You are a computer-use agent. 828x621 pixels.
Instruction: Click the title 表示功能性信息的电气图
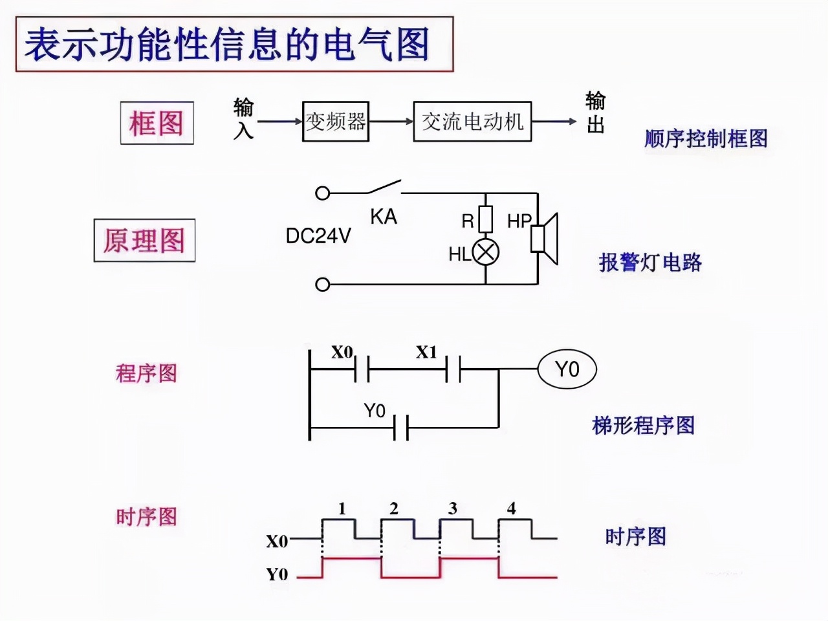228,45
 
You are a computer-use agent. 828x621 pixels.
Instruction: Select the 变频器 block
336,122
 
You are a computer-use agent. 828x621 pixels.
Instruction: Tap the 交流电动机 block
472,122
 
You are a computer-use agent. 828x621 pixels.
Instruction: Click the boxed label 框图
157,123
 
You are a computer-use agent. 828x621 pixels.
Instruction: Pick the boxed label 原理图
144,241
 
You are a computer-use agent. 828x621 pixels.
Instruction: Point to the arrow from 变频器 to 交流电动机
391,122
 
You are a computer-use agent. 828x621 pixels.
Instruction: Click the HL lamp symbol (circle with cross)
485,252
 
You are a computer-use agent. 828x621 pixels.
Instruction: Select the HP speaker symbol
545,238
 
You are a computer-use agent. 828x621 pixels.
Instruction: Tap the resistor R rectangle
485,219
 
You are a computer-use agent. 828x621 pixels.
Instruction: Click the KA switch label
384,217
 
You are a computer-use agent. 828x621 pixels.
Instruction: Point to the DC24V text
318,236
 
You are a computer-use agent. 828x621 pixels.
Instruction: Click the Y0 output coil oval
567,369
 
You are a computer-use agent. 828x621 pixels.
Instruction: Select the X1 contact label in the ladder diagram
426,353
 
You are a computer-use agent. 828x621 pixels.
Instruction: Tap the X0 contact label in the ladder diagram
342,352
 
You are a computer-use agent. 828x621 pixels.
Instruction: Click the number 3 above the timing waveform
453,508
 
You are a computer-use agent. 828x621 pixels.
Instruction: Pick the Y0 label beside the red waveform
277,574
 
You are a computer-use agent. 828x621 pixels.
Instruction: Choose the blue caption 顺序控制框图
706,138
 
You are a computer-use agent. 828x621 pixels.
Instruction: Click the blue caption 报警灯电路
650,263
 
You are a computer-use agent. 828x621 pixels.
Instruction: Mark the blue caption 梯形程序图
644,426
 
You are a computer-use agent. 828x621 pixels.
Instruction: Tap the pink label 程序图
146,373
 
